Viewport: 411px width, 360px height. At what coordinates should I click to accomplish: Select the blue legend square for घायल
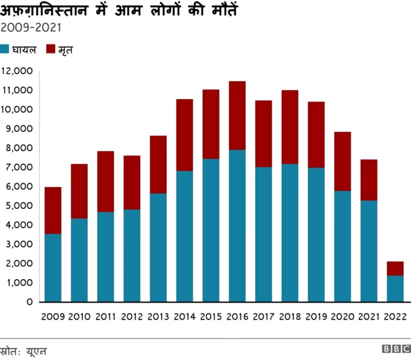[x=5, y=50]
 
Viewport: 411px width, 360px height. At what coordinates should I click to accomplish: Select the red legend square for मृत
[x=51, y=50]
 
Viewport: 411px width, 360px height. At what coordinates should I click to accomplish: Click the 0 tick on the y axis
[x=30, y=301]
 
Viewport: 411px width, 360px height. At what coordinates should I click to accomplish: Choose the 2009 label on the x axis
[x=53, y=316]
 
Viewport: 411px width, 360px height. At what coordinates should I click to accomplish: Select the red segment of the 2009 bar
[x=53, y=210]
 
